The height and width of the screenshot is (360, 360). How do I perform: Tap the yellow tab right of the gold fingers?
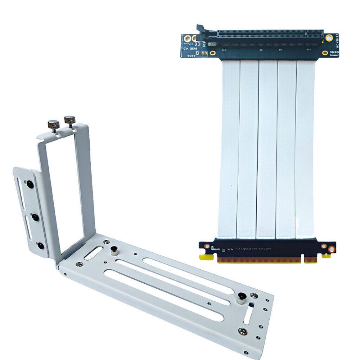click(326, 256)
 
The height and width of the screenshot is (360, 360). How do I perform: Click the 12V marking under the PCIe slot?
click(308, 49)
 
